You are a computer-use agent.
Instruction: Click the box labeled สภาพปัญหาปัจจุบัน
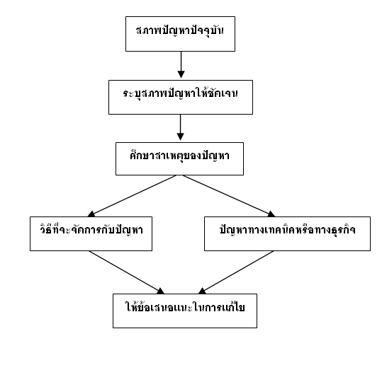tap(180, 34)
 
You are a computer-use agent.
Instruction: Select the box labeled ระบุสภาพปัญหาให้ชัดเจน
tap(181, 97)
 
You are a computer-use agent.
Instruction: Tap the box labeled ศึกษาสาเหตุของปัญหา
tap(179, 158)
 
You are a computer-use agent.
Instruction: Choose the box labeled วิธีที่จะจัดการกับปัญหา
tap(91, 233)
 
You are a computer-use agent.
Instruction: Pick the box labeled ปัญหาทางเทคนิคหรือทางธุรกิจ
tap(287, 233)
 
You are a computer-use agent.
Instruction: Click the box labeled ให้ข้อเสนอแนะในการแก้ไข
tap(185, 311)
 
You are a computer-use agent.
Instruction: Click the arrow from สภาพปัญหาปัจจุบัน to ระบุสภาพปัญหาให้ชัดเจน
tap(181, 64)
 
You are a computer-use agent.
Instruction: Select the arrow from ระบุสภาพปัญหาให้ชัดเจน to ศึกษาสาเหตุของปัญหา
tap(180, 127)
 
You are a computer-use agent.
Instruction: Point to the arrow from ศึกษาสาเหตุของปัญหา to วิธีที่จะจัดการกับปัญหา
tap(132, 196)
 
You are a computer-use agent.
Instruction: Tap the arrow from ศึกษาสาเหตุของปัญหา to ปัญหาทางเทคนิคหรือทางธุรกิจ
tap(229, 196)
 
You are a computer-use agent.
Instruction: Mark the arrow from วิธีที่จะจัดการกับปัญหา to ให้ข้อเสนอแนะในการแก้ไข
tap(127, 272)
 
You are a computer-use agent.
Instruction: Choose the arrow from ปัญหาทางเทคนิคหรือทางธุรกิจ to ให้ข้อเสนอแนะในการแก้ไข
tap(236, 272)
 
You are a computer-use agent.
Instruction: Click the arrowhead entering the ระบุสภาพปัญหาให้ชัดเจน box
tap(181, 74)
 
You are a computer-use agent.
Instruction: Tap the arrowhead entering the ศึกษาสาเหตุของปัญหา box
tap(180, 137)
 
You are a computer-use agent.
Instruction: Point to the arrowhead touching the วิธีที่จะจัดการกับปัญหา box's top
tap(91, 214)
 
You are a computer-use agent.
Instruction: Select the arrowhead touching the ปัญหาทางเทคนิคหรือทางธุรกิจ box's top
tap(271, 214)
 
